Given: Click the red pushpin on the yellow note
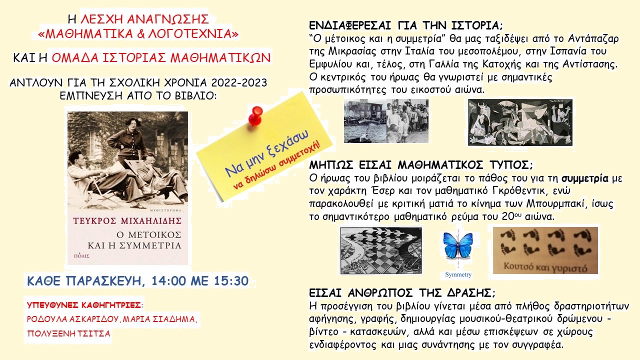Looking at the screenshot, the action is point(255,115).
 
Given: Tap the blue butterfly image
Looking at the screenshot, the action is point(457,245).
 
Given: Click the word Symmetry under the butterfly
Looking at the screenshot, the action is point(458,274).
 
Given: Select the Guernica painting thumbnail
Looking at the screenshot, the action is point(520,122).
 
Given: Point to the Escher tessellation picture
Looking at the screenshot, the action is point(381,250).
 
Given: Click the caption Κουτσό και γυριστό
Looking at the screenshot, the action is point(545,267).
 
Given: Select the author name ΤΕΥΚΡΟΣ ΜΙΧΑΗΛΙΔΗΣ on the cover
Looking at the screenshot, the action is point(127,221).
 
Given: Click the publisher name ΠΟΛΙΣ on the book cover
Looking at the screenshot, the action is point(81,256).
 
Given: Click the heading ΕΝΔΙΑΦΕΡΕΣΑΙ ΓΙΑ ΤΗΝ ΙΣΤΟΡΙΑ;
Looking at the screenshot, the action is point(405,25).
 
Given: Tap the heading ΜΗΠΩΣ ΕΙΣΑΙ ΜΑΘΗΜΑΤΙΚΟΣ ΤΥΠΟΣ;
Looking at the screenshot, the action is point(421,165).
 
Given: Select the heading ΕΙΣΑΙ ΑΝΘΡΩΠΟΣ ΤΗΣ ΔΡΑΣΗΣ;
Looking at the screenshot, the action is point(402,293).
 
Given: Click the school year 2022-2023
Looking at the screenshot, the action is point(239,82).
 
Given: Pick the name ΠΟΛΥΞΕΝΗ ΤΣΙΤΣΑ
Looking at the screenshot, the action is point(68,333).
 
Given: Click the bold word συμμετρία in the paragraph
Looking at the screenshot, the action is point(585,178).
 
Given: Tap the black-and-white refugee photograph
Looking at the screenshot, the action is point(386,121).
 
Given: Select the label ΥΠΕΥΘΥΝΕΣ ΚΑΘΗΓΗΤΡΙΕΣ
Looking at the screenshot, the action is point(84,305).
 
